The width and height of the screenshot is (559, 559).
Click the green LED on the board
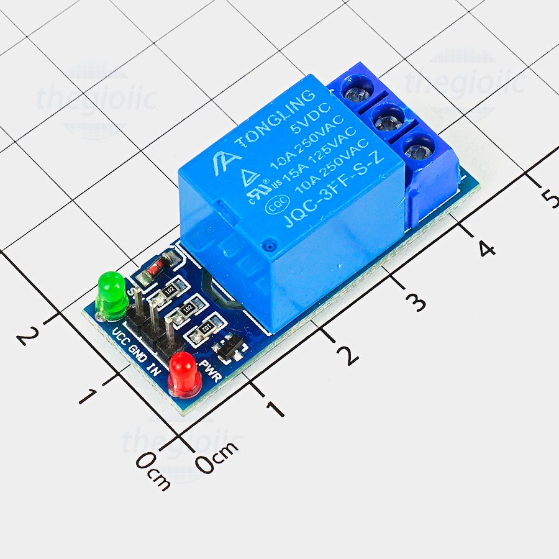[112, 293]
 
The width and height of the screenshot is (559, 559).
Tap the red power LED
[185, 373]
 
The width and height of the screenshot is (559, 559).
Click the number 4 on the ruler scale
[486, 248]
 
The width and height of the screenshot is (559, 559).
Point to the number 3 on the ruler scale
[416, 302]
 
